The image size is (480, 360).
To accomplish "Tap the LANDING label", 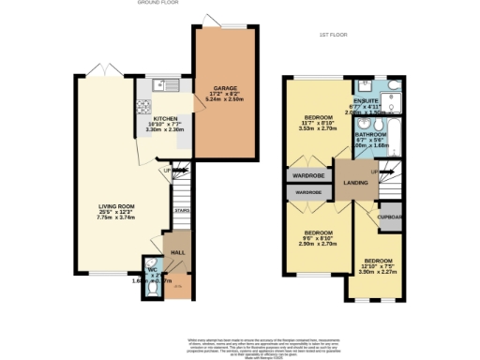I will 355,183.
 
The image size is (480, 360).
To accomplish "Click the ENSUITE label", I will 367,100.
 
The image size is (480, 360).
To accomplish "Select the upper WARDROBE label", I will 305,175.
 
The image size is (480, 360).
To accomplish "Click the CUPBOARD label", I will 391,217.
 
